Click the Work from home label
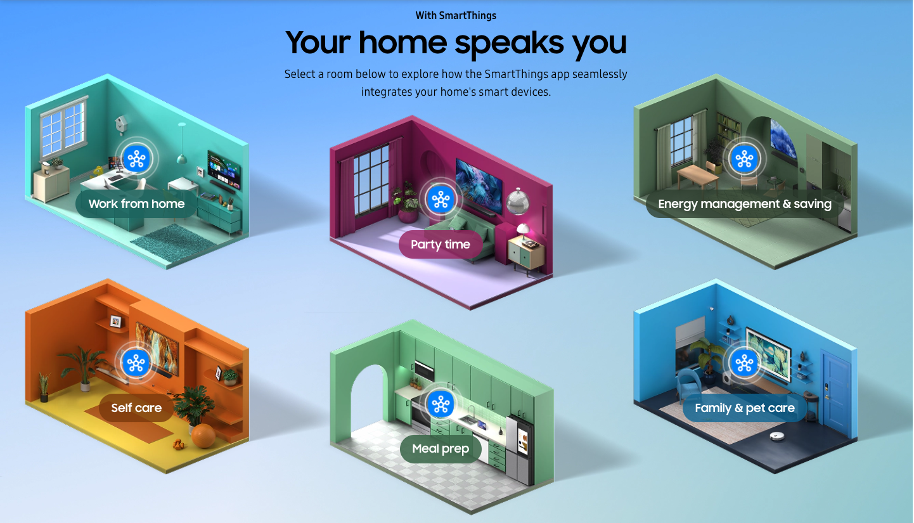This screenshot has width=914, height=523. coord(136,204)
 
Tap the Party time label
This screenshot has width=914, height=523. coord(441,245)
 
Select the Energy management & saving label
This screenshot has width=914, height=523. coord(745,204)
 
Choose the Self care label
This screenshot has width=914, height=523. coord(136,408)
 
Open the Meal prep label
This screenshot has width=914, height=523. coord(441,449)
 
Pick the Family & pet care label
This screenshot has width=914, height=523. coord(745,408)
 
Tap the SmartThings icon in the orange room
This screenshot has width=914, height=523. coord(136,363)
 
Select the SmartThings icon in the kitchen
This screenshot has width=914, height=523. coord(440,404)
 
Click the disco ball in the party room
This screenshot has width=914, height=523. coord(517,201)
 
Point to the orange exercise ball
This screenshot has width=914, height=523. coord(203,436)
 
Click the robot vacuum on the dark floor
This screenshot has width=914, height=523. coord(779,437)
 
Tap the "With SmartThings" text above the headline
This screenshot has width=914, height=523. coord(456,15)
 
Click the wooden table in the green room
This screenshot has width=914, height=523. coord(696,174)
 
